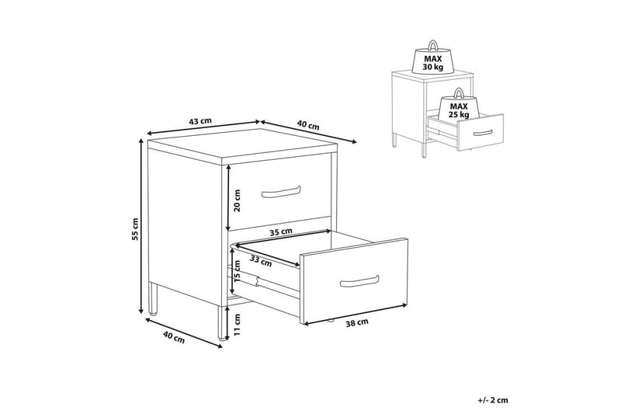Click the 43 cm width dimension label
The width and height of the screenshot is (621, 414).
[200, 121]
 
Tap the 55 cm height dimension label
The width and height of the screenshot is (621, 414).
[136, 229]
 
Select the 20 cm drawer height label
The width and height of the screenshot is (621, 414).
[238, 200]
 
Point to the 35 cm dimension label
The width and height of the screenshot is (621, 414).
[281, 231]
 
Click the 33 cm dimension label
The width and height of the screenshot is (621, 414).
[261, 261]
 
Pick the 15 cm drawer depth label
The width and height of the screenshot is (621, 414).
[238, 271]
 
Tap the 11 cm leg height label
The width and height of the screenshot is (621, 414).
[237, 325]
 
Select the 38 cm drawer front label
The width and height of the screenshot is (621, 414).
[357, 323]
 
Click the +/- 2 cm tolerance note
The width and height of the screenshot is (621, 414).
[493, 401]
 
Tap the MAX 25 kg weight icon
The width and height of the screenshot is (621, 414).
[459, 105]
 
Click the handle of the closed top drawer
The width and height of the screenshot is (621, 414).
[281, 191]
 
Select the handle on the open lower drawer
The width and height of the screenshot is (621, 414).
[359, 281]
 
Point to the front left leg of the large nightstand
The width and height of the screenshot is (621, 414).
[152, 298]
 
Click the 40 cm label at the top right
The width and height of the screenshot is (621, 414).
[307, 126]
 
